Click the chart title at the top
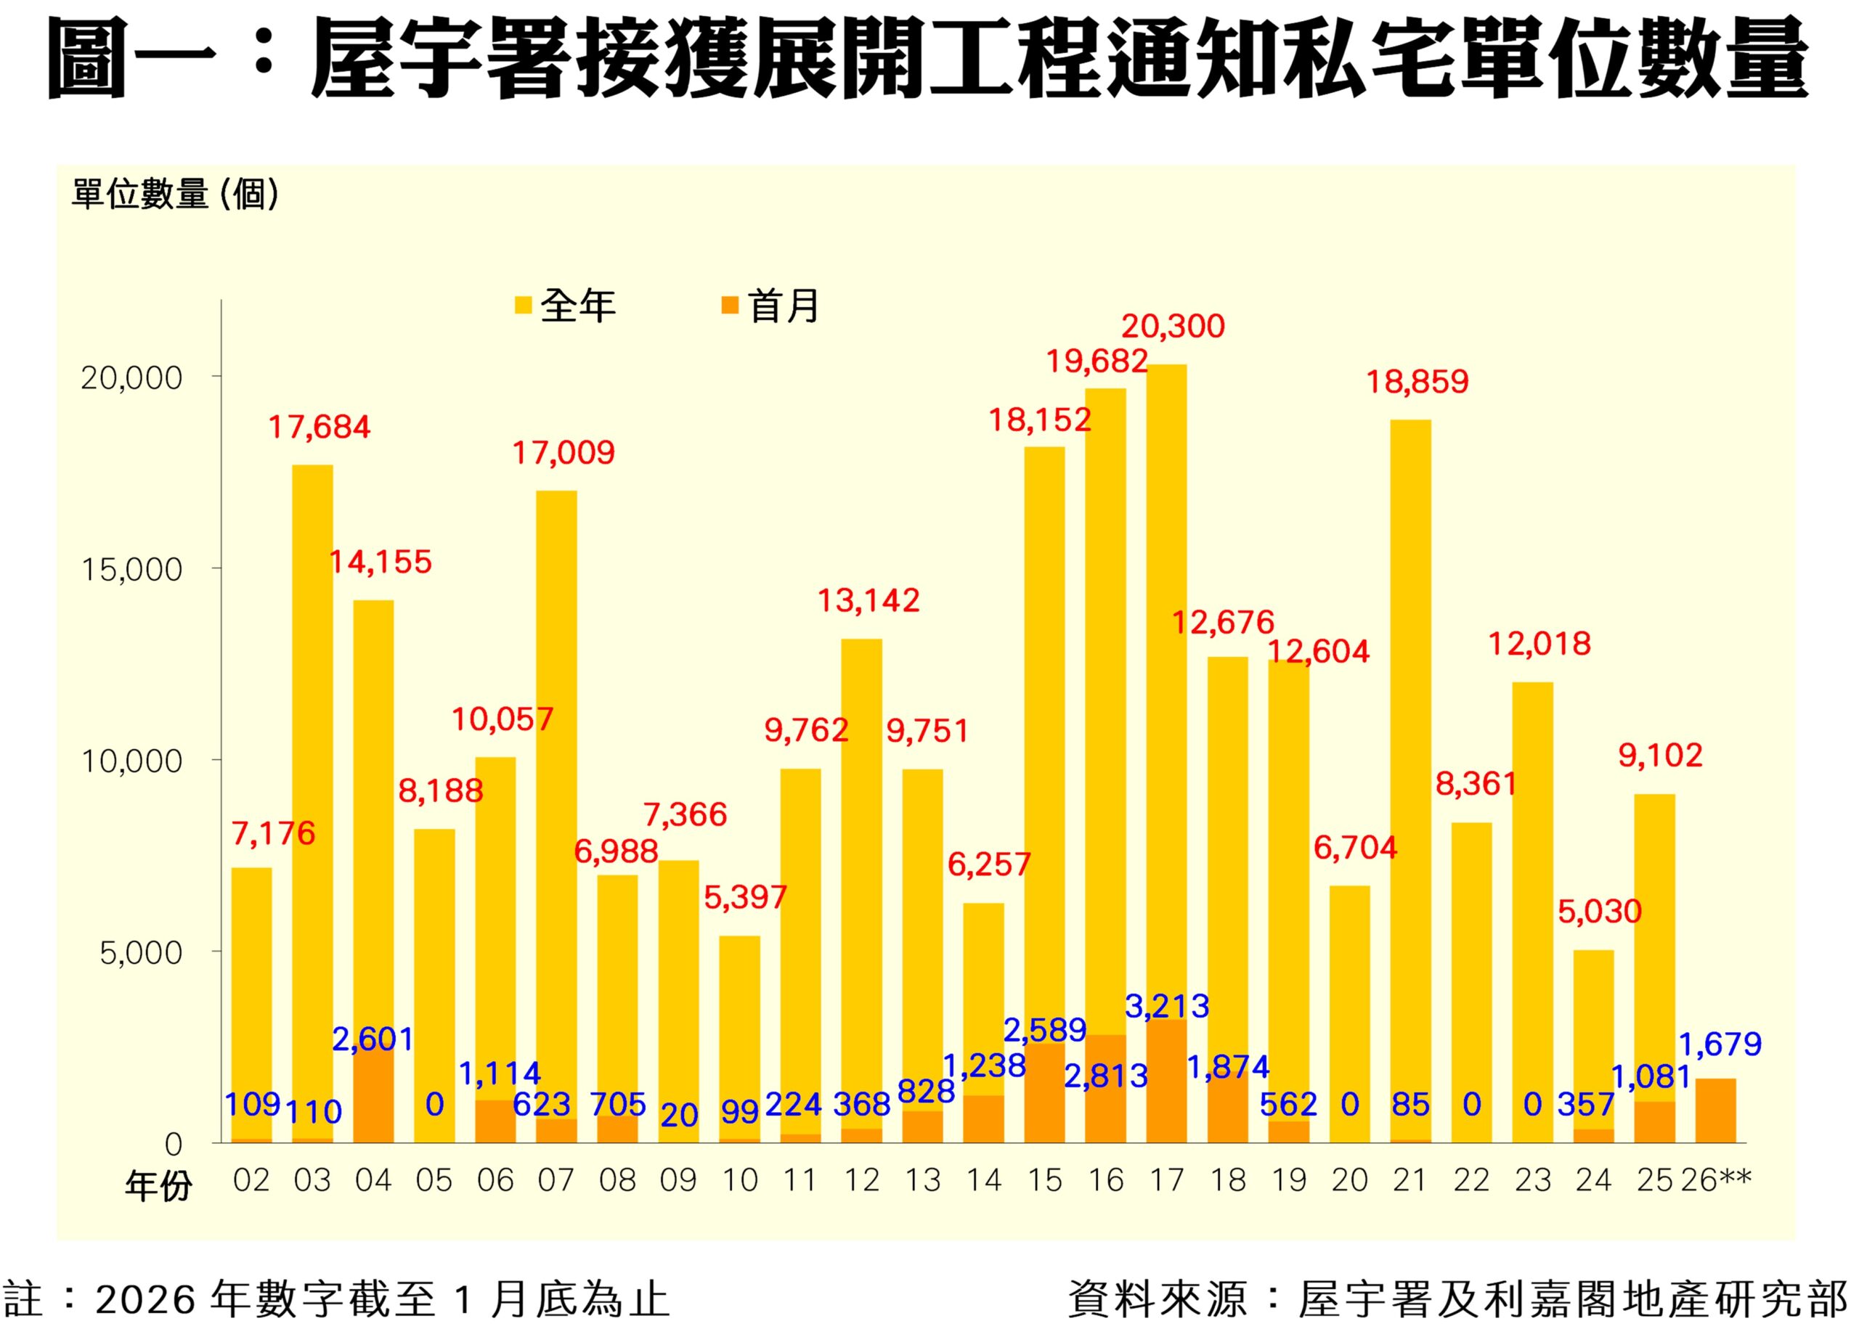928,59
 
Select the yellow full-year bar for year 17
1166,655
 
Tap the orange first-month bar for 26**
1715,1111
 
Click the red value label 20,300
1172,327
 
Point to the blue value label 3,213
1166,1007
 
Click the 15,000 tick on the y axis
131,570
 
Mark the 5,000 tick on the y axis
141,952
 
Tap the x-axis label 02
251,1180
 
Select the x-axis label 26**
1716,1180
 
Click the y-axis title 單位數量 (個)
175,195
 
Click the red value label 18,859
1417,381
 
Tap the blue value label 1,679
1720,1044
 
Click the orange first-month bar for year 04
373,1097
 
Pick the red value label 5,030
1599,912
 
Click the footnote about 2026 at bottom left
335,1299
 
